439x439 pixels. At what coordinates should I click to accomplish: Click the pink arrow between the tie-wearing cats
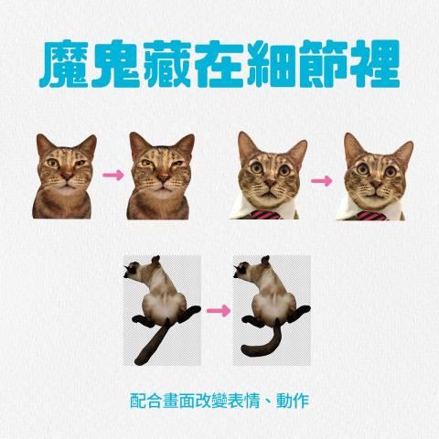click(x=322, y=179)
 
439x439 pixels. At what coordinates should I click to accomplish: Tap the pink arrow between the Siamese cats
click(x=218, y=311)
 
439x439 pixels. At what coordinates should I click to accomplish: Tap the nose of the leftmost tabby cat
click(x=64, y=180)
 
